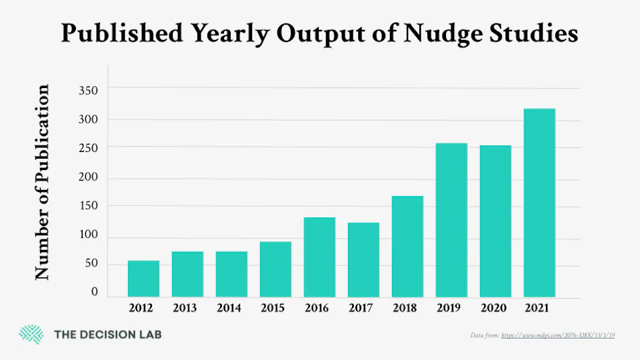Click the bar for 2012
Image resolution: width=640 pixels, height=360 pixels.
[x=143, y=279]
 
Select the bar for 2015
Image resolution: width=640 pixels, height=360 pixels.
[x=275, y=269]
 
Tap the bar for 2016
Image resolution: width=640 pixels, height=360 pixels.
[x=319, y=257]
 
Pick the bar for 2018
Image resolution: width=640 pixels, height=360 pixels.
[x=407, y=247]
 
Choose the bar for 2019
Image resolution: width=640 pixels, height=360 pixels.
[x=451, y=220]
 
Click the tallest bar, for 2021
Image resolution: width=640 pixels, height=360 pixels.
[x=539, y=203]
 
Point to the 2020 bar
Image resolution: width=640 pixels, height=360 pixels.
[x=495, y=221]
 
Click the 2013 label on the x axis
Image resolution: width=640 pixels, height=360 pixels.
[x=187, y=308]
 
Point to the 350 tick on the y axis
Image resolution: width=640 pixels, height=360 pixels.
[x=89, y=90]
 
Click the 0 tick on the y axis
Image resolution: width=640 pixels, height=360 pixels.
[x=95, y=292]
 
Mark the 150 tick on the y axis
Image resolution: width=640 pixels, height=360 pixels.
[x=89, y=206]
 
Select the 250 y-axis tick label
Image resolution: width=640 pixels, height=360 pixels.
[x=89, y=148]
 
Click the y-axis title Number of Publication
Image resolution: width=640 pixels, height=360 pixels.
[x=43, y=182]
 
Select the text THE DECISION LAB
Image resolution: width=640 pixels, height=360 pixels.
[x=107, y=335]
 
